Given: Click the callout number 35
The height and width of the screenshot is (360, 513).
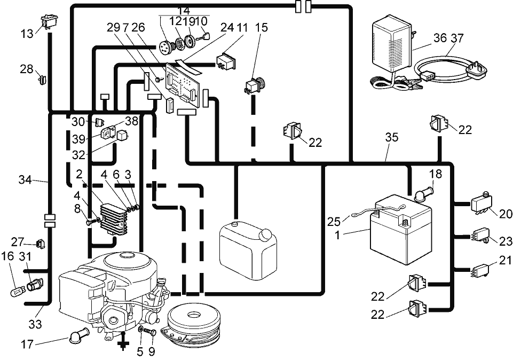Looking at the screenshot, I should click(x=392, y=137).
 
